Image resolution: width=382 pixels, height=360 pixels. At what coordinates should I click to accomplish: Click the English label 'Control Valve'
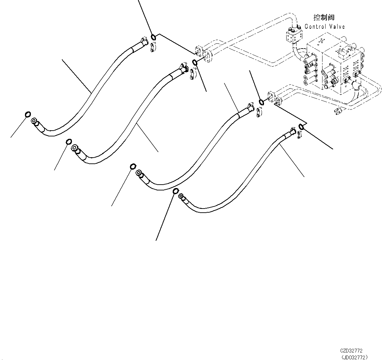[325, 27]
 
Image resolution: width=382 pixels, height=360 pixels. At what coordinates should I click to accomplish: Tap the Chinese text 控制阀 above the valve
[324, 17]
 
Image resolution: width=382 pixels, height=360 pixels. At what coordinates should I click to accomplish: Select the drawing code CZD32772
[351, 351]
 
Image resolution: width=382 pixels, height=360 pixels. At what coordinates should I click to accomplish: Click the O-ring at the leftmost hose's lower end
[28, 115]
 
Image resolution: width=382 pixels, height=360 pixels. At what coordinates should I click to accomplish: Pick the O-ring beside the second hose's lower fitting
[68, 142]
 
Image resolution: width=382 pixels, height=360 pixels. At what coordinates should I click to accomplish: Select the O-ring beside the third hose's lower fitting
[133, 166]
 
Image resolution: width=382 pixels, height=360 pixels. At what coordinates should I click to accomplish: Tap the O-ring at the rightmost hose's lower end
[175, 191]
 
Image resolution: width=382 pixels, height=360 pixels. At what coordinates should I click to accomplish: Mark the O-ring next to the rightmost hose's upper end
[301, 127]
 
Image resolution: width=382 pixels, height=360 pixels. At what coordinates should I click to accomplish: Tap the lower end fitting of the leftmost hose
[36, 123]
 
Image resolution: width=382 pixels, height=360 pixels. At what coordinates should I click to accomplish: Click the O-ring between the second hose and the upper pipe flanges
[195, 62]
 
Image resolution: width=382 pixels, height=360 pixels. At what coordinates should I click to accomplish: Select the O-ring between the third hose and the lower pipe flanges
[261, 102]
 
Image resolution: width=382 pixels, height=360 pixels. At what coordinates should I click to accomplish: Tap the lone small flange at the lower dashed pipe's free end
[338, 111]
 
